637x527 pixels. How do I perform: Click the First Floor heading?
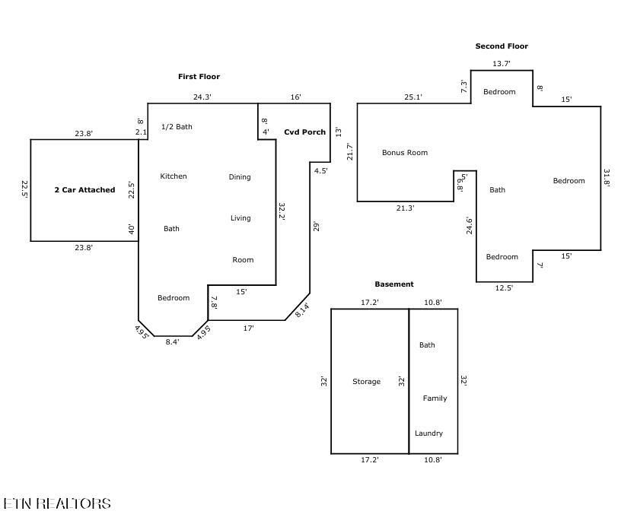coord(199,77)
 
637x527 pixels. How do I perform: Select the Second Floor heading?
coord(502,46)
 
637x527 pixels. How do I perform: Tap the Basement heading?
coord(394,284)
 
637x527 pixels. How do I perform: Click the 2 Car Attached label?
coord(84,190)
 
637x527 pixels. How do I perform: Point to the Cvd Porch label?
coord(304,132)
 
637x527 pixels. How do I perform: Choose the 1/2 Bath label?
coord(177,127)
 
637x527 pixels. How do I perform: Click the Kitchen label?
coord(173,176)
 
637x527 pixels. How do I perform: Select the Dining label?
coord(240,177)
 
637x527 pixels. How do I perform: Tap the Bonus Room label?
coord(405,153)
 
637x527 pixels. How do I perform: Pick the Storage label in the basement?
coord(366,382)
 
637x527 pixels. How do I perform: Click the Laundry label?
coord(428,433)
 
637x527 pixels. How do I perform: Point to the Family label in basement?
coord(435,398)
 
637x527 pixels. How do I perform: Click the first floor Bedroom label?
coord(174,298)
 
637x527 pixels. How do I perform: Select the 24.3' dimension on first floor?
coord(202,97)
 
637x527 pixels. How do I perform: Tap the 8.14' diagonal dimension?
coord(302,310)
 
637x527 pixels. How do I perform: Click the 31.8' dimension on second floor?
coord(607,178)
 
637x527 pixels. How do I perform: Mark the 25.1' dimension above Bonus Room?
coord(413,97)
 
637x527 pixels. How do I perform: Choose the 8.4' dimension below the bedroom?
coord(173,342)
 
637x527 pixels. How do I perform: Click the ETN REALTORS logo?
coord(57,503)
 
